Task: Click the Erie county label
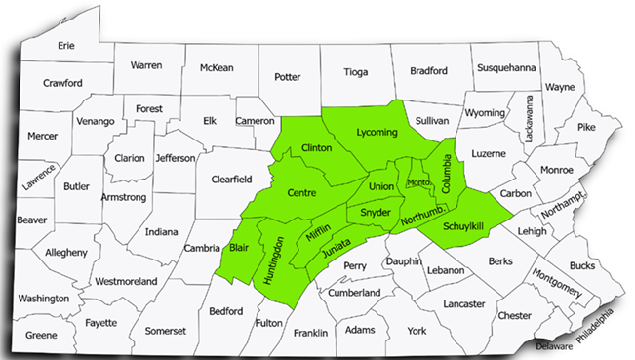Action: pos(66,45)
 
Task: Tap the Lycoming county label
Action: pos(377,132)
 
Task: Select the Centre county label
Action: pos(301,193)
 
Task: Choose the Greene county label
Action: pos(41,335)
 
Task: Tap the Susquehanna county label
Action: pos(505,67)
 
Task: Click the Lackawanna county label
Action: pos(530,120)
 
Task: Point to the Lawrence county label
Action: pos(40,177)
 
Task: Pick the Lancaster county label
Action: pos(463,303)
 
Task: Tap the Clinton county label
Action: pos(318,147)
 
